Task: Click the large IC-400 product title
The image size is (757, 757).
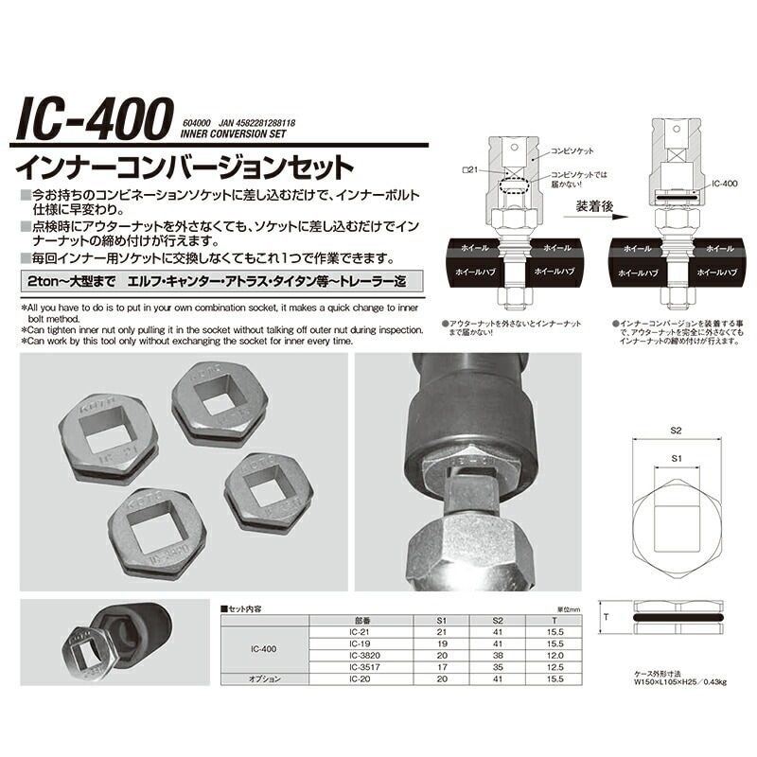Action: tap(92, 121)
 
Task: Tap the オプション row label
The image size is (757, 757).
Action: tap(265, 678)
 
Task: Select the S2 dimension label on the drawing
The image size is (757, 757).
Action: tap(675, 430)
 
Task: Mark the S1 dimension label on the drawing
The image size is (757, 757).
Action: tap(675, 458)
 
